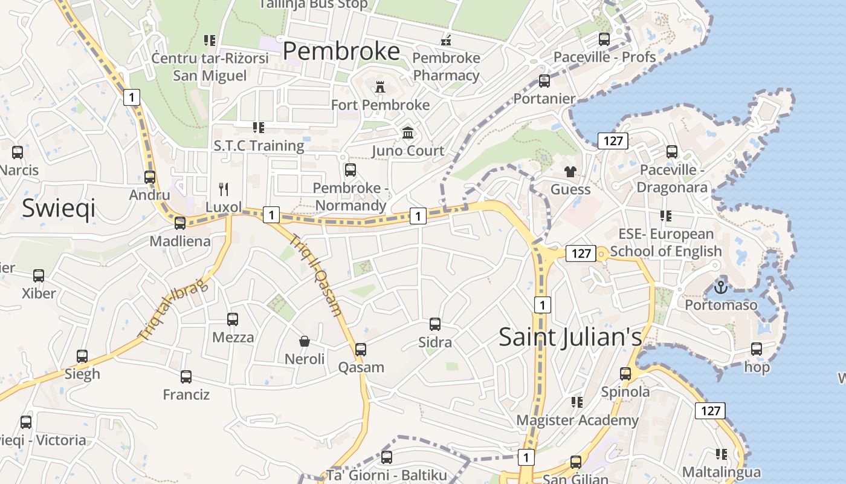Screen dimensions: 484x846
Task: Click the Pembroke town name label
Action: click(341, 51)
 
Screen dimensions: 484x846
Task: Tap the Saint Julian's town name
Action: click(570, 336)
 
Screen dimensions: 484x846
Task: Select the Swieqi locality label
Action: click(59, 208)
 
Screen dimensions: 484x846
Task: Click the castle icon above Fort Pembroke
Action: click(380, 87)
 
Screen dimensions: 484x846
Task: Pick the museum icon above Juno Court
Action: click(408, 132)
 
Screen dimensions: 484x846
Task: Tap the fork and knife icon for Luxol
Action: click(224, 189)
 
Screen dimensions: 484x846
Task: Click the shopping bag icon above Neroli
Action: click(305, 341)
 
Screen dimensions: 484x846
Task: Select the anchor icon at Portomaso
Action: click(720, 286)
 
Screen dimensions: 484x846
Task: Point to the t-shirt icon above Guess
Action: click(570, 172)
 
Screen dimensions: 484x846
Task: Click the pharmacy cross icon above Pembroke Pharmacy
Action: click(446, 41)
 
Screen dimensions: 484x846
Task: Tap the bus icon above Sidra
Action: click(435, 324)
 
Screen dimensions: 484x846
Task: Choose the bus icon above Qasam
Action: click(361, 349)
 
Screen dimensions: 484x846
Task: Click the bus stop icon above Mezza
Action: click(233, 319)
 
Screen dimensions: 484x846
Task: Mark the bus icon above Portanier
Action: click(544, 80)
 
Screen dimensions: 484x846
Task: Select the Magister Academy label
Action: click(577, 420)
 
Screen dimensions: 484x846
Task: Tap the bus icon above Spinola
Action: click(625, 374)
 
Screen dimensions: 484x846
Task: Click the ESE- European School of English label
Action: click(666, 242)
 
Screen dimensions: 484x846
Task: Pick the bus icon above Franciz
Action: click(186, 377)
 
